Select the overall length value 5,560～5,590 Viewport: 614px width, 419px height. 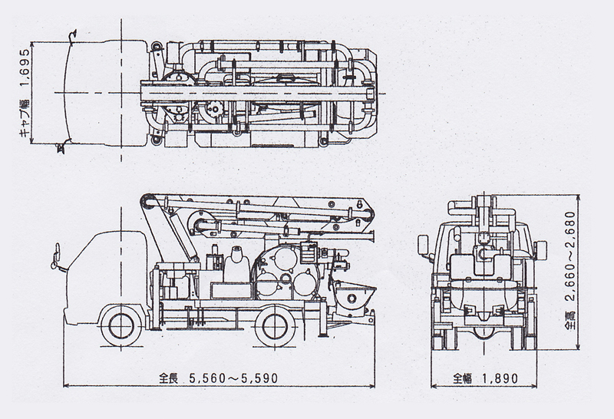[x=233, y=378]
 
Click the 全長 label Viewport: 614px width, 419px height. [x=168, y=378]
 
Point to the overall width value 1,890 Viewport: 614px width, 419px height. [x=500, y=378]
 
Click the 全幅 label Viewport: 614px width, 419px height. [x=463, y=378]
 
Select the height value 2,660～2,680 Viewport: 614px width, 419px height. [x=570, y=256]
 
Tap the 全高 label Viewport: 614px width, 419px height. [x=570, y=320]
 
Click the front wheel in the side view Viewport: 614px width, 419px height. [x=121, y=326]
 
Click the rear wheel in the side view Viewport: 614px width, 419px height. [x=276, y=326]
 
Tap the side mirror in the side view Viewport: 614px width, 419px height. [x=55, y=256]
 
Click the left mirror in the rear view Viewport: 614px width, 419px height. [x=423, y=245]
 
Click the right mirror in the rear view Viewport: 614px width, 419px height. [x=540, y=249]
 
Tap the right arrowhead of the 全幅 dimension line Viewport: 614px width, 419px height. [x=533, y=386]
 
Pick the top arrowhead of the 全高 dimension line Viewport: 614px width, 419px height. [x=577, y=198]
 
